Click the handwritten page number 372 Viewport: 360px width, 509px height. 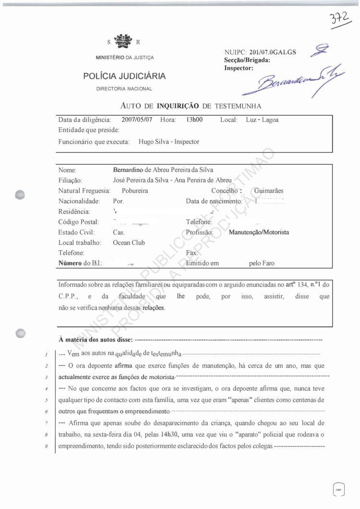tap(340, 21)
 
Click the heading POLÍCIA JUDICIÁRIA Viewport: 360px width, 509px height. tap(124, 76)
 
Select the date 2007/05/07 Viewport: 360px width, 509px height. tap(137, 120)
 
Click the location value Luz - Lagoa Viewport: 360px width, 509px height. tap(262, 120)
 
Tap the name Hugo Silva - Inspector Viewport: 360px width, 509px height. tap(169, 142)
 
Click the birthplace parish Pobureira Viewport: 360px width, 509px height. tap(131, 191)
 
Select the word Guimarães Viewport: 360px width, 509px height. tap(269, 191)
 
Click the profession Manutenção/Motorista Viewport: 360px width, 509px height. tap(259, 232)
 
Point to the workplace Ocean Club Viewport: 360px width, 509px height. tap(129, 243)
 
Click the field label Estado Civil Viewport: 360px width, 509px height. tap(77, 232)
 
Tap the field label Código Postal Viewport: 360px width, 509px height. tap(79, 222)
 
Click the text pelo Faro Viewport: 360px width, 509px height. tap(262, 264)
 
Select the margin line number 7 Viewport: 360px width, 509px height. tap(44, 424)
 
